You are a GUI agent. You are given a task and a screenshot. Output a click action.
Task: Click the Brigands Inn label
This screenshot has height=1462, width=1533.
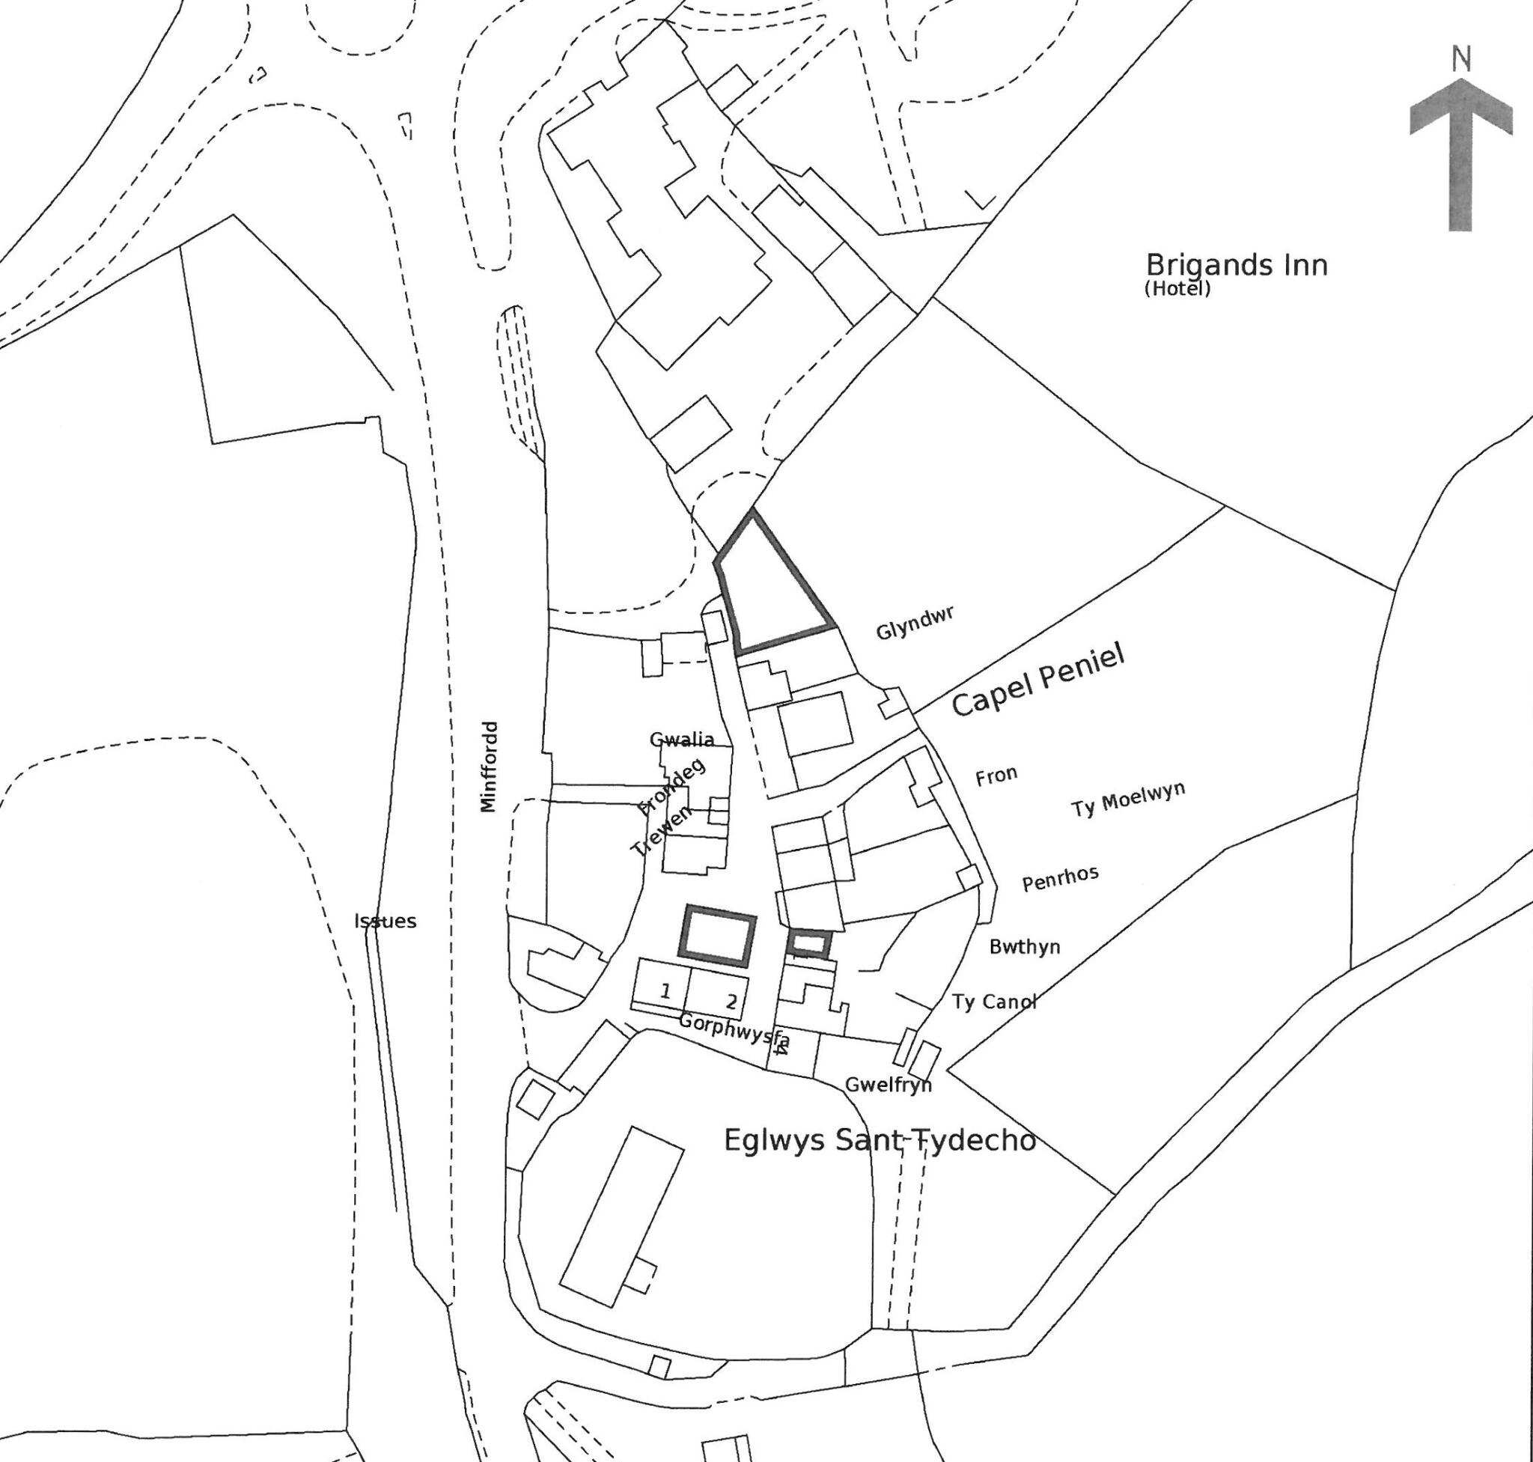[x=1236, y=266]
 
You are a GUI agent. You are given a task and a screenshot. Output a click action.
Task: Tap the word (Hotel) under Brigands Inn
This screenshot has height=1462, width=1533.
[x=1177, y=289]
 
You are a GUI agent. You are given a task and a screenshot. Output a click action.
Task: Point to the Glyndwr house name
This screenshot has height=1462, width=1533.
[x=915, y=624]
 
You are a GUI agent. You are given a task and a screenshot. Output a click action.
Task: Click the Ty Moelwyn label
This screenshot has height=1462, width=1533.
[x=1128, y=799]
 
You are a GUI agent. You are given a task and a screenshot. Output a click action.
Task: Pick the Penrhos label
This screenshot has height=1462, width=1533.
[x=1060, y=878]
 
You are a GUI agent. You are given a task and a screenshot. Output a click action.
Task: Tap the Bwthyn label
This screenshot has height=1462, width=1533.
[x=1024, y=947]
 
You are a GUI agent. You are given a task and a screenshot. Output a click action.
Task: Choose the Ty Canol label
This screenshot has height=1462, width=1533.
[x=994, y=1002]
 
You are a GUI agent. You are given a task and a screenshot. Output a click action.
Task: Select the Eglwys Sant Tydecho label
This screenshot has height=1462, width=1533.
[x=880, y=1140]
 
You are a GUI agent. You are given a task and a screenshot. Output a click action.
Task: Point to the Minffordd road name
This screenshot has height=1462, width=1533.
[x=489, y=766]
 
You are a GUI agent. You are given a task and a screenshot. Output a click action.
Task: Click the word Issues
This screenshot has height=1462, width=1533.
[x=385, y=922]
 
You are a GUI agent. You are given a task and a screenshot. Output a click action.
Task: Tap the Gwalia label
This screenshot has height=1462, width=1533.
[x=682, y=740]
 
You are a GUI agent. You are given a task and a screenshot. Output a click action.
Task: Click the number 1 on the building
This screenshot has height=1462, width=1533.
[x=665, y=991]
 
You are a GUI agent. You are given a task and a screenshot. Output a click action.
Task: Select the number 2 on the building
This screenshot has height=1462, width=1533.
[x=731, y=1002]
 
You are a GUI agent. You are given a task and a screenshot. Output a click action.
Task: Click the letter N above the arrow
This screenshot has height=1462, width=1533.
[x=1461, y=60]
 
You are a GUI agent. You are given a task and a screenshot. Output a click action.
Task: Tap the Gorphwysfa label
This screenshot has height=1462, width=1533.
[x=734, y=1029]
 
